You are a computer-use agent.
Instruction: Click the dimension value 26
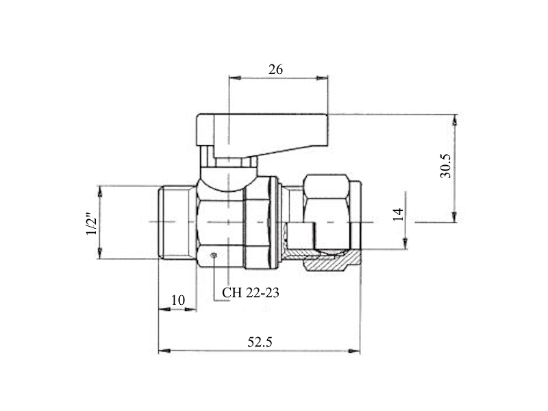[275, 70]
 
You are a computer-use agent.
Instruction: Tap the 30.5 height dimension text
[446, 166]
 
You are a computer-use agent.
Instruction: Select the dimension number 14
[398, 214]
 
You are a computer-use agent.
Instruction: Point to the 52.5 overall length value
[260, 342]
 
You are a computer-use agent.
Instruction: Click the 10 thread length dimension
[178, 300]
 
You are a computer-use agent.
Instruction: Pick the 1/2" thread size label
[92, 223]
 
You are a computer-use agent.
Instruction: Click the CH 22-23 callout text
[251, 292]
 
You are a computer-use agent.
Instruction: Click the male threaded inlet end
[177, 222]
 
